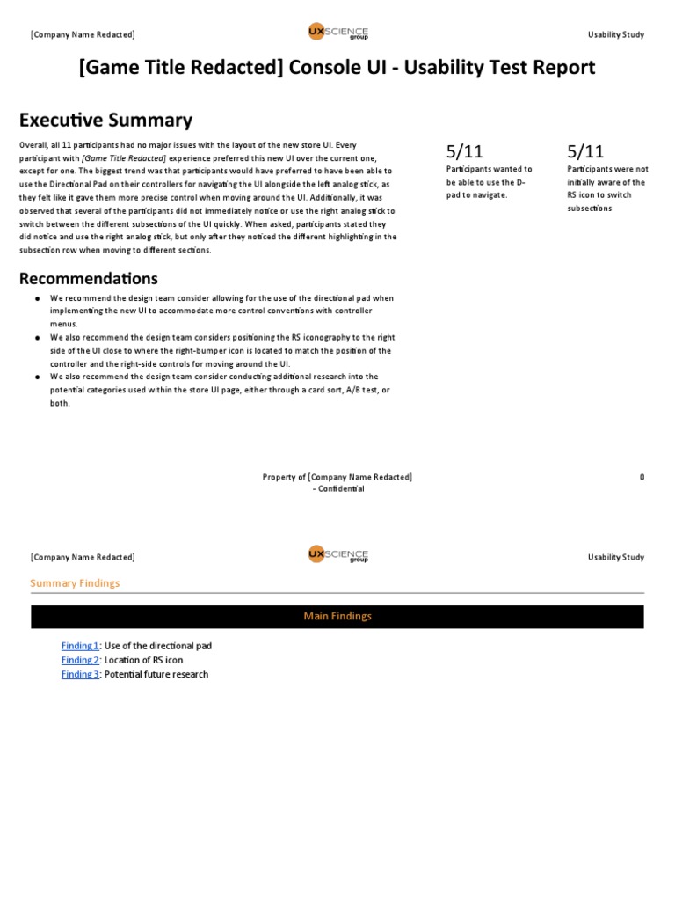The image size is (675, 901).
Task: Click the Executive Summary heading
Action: [105, 120]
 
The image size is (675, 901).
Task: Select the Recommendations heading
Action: [89, 278]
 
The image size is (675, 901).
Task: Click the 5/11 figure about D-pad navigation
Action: [465, 151]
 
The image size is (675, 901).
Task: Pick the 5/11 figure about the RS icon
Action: [586, 151]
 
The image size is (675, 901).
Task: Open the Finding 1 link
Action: [80, 646]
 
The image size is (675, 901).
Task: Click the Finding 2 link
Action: [80, 660]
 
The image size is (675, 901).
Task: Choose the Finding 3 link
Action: [80, 674]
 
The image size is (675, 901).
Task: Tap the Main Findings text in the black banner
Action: [337, 616]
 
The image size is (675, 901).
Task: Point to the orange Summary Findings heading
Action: [75, 582]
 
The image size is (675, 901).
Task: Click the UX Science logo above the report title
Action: [337, 33]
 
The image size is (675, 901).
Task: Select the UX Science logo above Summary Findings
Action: [337, 555]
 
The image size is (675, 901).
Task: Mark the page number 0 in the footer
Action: [642, 477]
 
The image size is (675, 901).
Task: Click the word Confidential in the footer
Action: [337, 488]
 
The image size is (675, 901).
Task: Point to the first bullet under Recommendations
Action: [38, 299]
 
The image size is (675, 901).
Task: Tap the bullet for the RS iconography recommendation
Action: [38, 338]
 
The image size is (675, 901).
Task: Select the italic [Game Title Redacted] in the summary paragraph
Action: [124, 157]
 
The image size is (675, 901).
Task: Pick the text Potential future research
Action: [156, 674]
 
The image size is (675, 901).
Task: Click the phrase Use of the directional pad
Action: [158, 646]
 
